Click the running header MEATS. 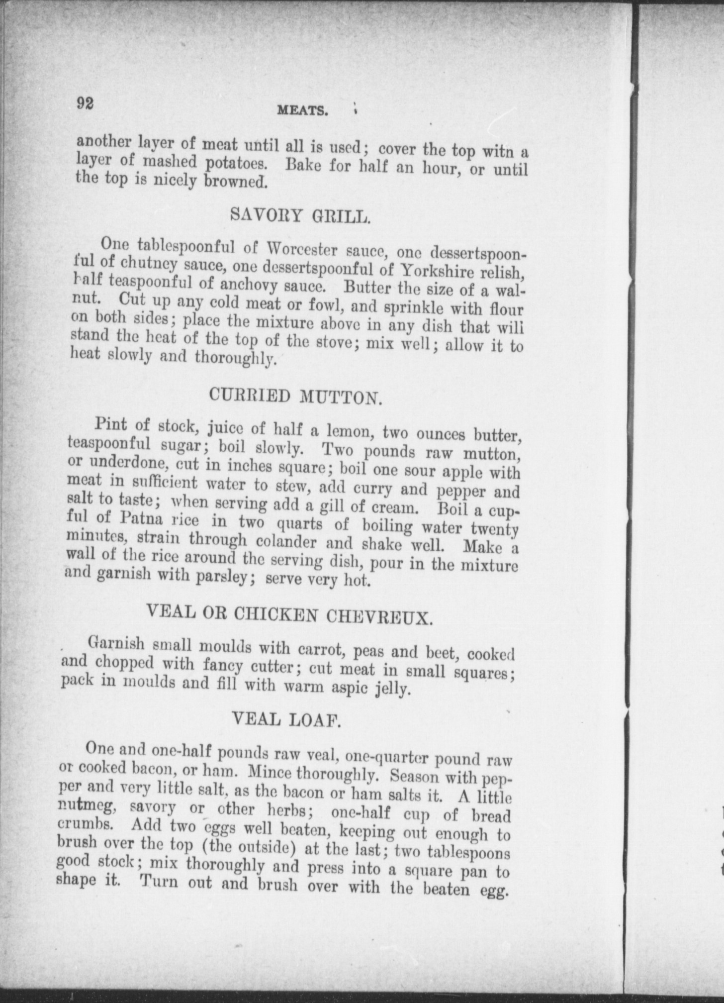[x=303, y=111]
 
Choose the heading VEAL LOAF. [x=286, y=720]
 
